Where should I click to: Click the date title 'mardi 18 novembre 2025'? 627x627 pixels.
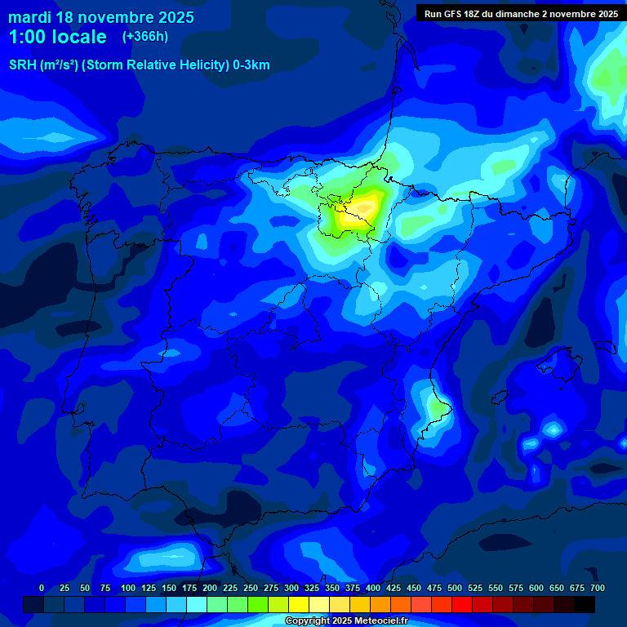[101, 17]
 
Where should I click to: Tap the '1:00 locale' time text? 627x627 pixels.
[57, 37]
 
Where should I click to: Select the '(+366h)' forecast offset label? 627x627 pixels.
[145, 37]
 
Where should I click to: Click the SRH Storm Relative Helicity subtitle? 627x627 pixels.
[140, 65]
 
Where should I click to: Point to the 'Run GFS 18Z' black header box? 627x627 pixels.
[520, 13]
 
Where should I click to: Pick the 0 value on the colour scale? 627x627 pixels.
[42, 588]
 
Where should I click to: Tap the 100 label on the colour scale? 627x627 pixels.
[128, 588]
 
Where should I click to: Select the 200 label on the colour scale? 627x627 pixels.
[210, 588]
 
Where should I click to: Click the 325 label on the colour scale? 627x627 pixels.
[312, 588]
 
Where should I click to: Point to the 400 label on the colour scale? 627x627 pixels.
[373, 588]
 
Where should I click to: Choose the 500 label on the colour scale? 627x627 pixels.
[455, 588]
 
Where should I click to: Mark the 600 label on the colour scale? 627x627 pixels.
[536, 588]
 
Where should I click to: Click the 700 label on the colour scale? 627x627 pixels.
[598, 588]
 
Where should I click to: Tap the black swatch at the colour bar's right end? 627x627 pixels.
[585, 604]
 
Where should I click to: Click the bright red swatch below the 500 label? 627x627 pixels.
[462, 604]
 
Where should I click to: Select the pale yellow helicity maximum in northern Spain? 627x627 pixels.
[359, 214]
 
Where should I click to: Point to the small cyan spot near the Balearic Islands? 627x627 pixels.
[554, 428]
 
